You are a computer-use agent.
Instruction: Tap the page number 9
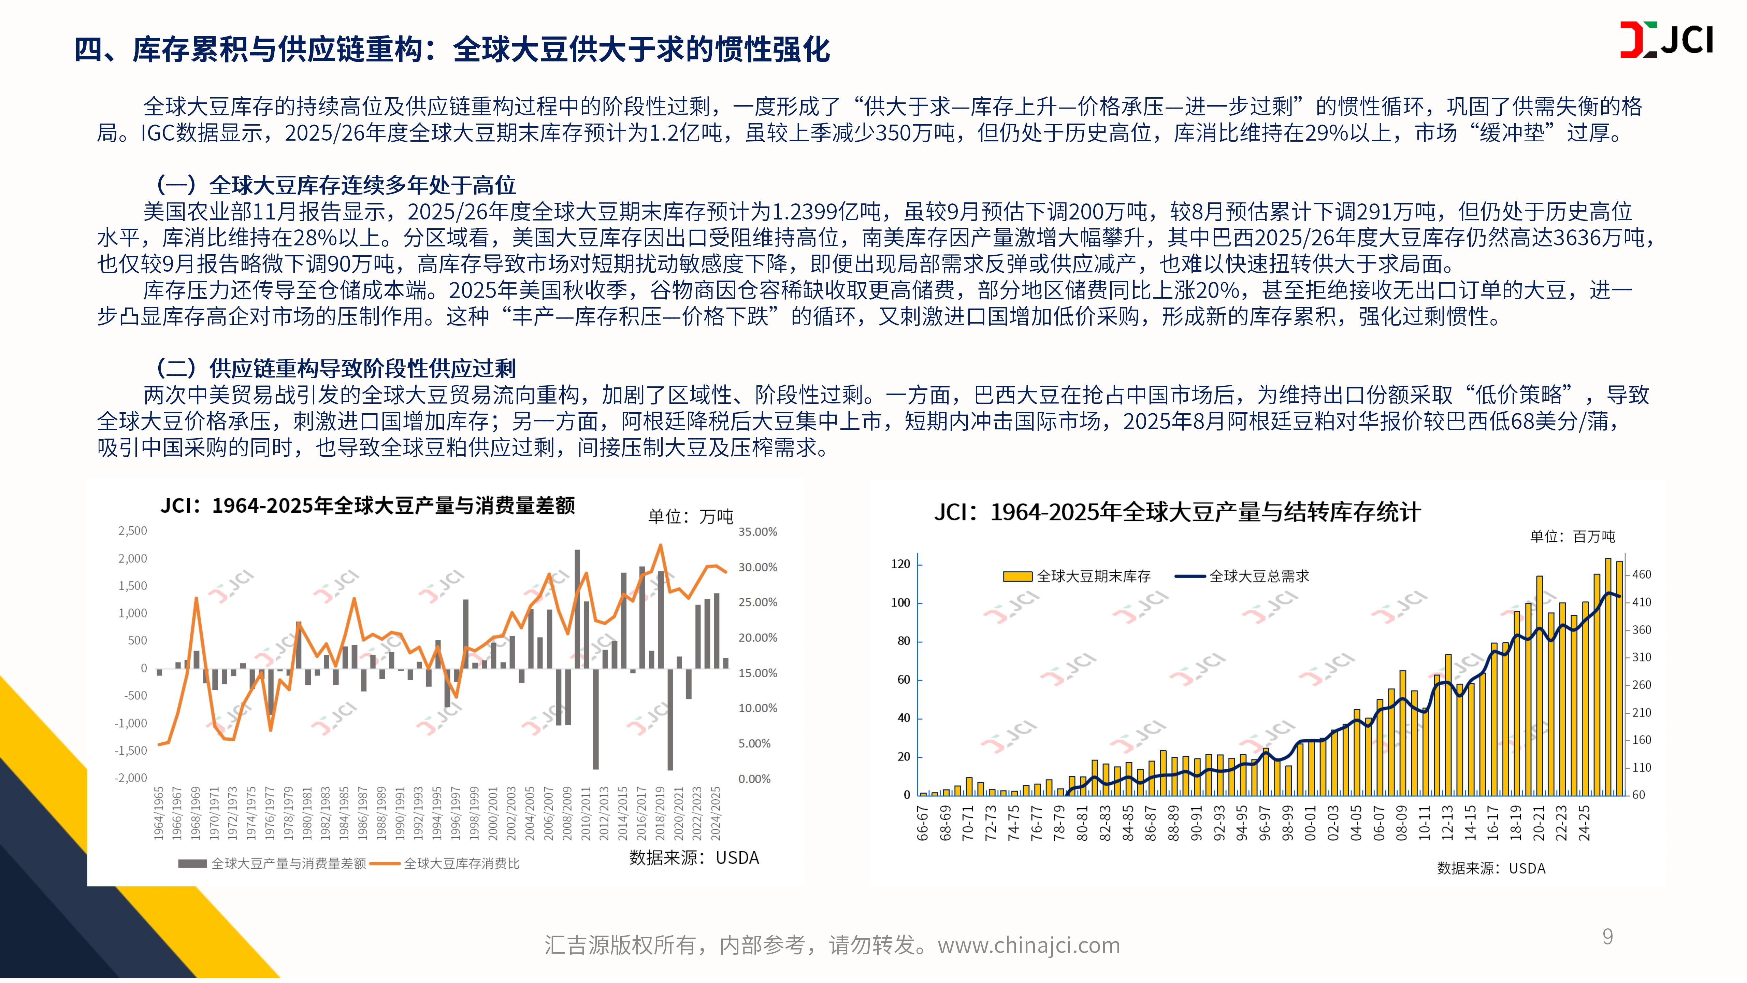(1607, 937)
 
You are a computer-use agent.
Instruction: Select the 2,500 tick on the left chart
(133, 530)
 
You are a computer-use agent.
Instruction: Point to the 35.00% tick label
(757, 532)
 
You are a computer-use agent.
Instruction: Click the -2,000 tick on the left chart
(131, 778)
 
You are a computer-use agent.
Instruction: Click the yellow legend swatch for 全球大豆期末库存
(1017, 576)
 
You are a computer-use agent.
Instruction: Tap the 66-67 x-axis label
(922, 823)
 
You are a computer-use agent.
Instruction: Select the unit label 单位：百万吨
(1572, 537)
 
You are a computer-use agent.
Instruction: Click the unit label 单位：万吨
(690, 517)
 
